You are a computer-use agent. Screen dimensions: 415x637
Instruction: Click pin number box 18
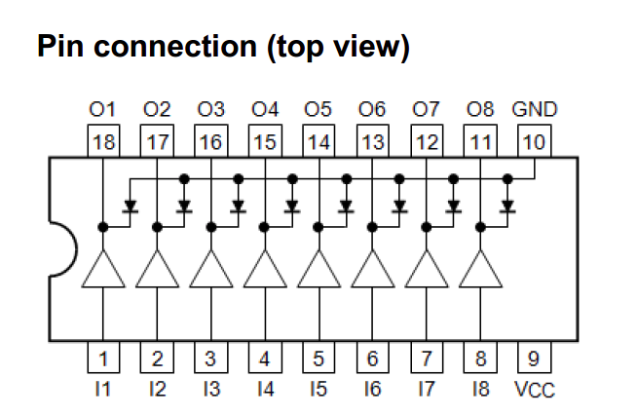coord(103,142)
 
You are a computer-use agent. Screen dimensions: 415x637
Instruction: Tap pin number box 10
coord(534,142)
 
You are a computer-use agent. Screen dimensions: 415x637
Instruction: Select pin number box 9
coord(534,358)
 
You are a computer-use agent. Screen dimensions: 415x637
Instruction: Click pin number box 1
coord(103,358)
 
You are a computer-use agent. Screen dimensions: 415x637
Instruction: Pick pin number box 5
coord(318,358)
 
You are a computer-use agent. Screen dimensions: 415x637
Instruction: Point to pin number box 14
coord(318,142)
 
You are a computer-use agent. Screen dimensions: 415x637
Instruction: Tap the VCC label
coord(534,390)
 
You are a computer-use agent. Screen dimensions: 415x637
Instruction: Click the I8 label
coord(479,390)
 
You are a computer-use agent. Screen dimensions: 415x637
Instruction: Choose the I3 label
coord(210,390)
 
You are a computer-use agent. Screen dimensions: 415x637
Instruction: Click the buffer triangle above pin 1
coord(103,270)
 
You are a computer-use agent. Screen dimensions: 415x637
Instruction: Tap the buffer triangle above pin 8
coord(479,270)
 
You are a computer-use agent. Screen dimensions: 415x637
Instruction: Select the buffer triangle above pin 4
coord(265,270)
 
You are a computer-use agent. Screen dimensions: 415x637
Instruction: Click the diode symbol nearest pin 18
coord(130,207)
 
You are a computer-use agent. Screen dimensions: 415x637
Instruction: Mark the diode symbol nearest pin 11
coord(506,207)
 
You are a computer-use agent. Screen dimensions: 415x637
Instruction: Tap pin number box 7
coord(426,358)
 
